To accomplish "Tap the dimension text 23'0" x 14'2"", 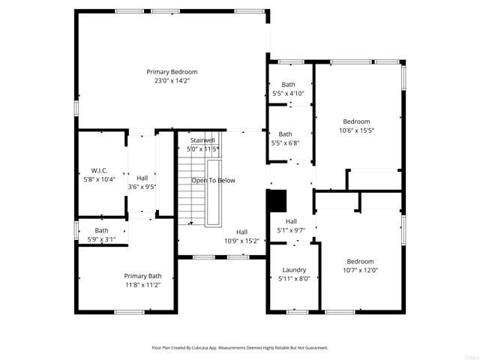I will click(x=172, y=80).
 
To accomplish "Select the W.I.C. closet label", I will click(x=100, y=170).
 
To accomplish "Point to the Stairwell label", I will click(x=202, y=140).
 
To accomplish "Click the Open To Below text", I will click(x=213, y=181).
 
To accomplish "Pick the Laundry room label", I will click(x=294, y=269).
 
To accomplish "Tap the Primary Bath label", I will click(x=142, y=276).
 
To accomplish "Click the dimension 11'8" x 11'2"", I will click(x=142, y=285).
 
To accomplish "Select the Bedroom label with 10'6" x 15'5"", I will click(x=357, y=121).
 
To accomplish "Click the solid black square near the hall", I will click(x=277, y=200).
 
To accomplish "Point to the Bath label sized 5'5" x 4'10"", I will click(x=289, y=85).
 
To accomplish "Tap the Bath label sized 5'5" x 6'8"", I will click(x=286, y=134).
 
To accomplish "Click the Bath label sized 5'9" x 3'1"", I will click(x=101, y=230).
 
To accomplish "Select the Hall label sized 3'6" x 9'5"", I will click(x=142, y=178).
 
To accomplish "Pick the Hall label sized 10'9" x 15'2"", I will click(x=241, y=232).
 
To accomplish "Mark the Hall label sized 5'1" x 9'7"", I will click(x=292, y=221).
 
